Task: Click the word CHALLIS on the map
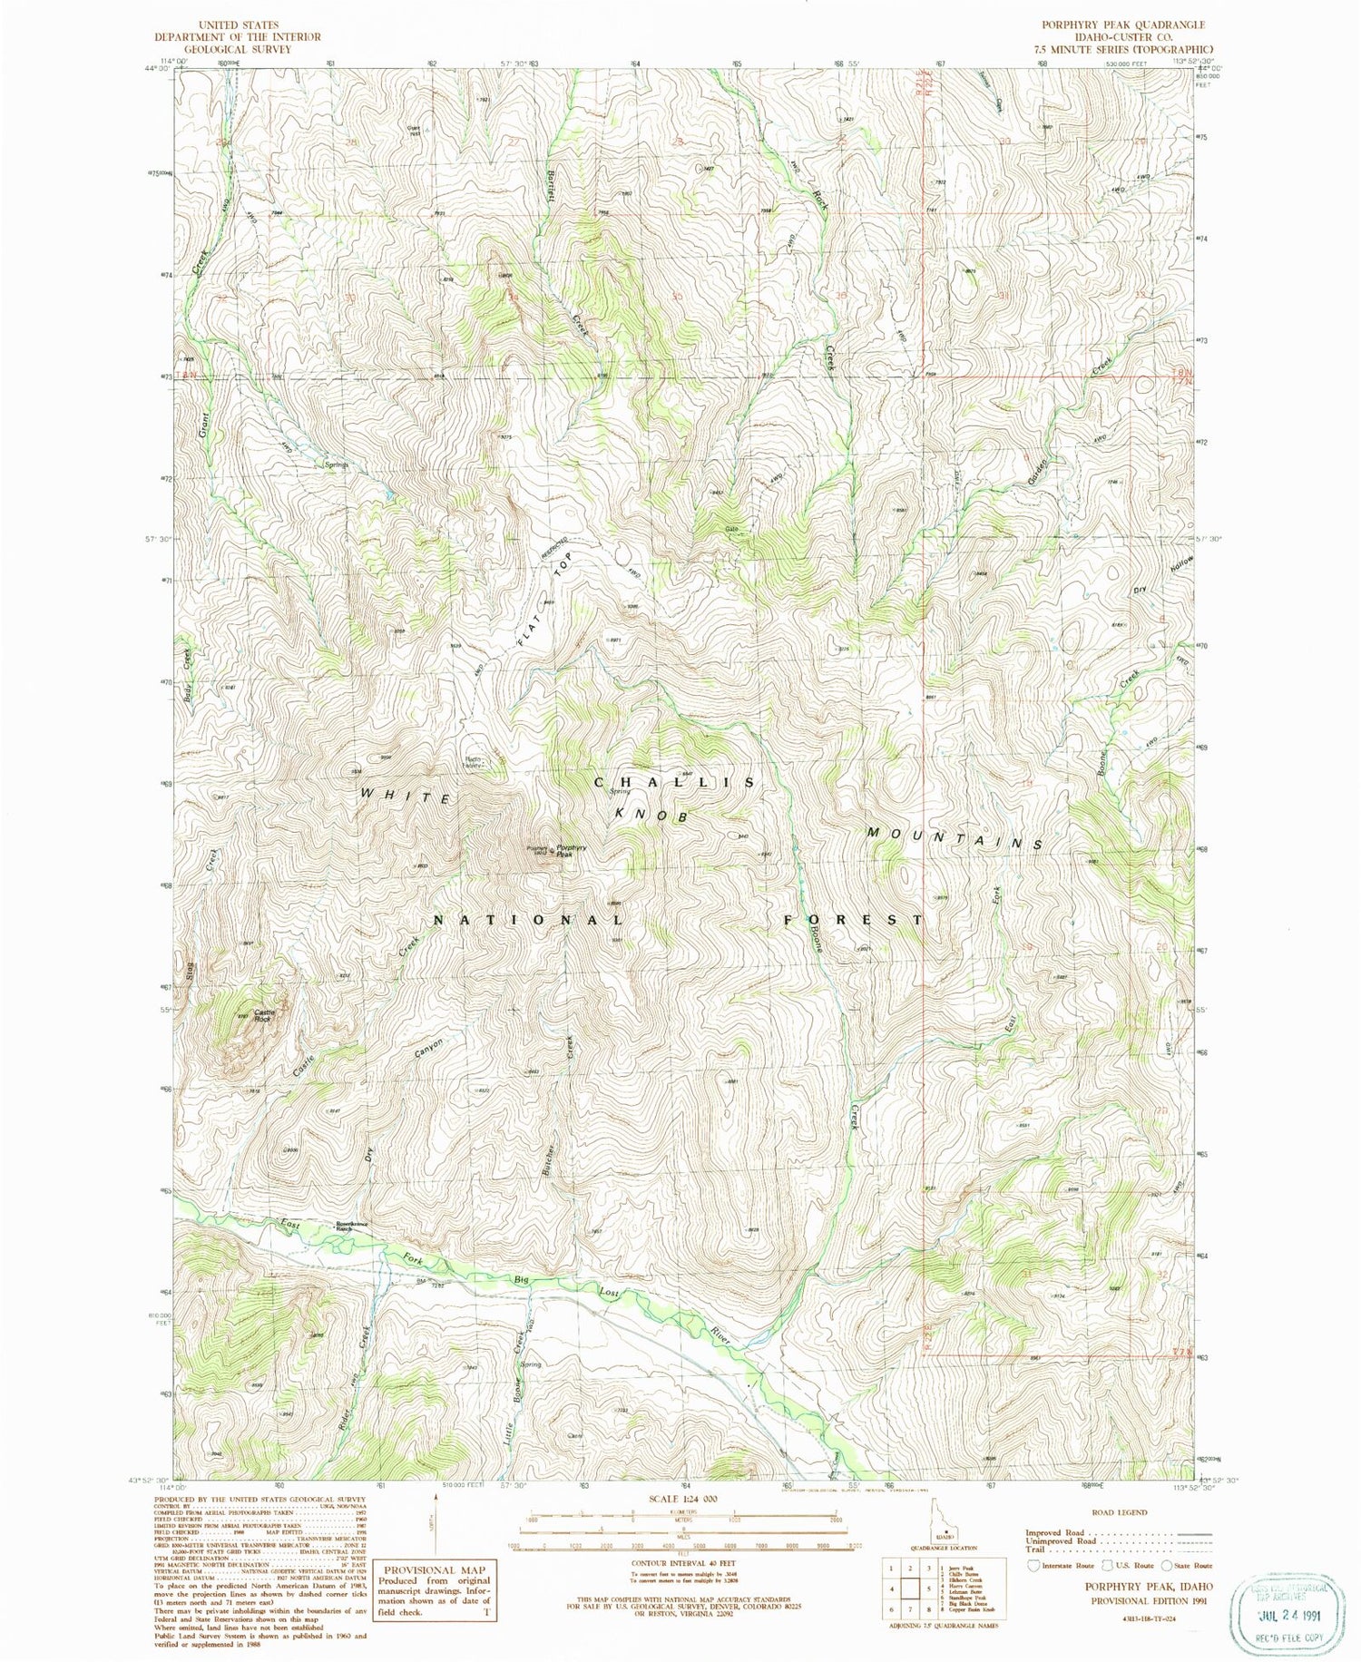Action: pyautogui.click(x=674, y=782)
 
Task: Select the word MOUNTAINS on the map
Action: pyautogui.click(x=952, y=836)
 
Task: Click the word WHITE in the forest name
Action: pyautogui.click(x=405, y=796)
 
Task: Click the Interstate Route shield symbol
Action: pyautogui.click(x=1033, y=1565)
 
